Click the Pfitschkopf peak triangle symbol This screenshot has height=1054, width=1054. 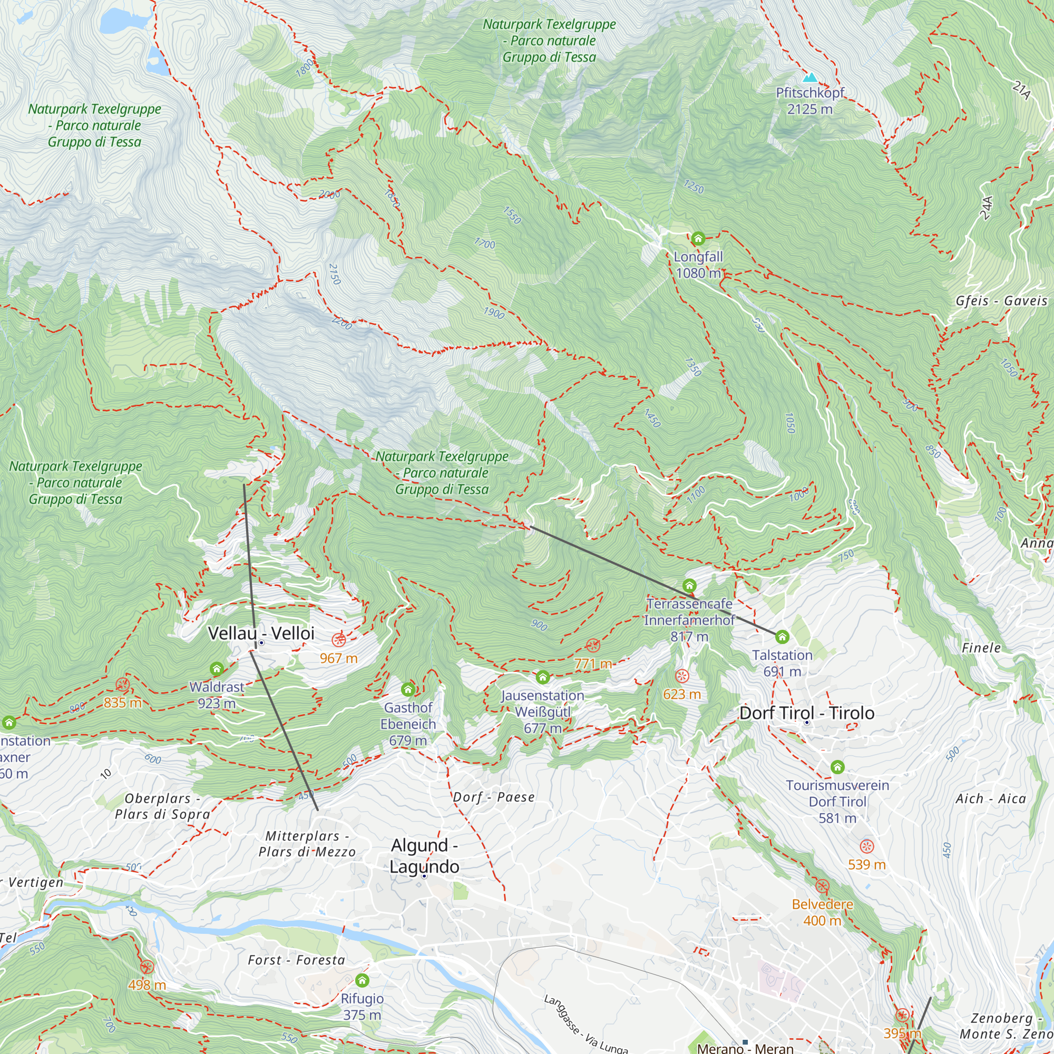tap(810, 77)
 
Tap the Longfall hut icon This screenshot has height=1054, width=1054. tap(698, 238)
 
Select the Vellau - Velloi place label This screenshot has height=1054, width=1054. tap(261, 633)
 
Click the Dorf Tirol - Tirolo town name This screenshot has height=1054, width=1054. tap(806, 713)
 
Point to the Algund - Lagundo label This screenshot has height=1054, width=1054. tap(424, 855)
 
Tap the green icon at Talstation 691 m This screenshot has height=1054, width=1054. tap(782, 637)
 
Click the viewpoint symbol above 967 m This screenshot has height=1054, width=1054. tap(339, 639)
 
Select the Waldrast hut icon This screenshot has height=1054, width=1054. tap(217, 669)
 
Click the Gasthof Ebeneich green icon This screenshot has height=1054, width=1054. tap(407, 689)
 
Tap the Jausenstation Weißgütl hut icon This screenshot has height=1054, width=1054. tap(542, 678)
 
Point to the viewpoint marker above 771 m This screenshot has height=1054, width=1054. tap(592, 646)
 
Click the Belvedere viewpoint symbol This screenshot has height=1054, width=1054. tap(822, 886)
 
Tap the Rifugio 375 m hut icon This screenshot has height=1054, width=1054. tap(362, 981)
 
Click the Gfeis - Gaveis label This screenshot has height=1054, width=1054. tap(1001, 301)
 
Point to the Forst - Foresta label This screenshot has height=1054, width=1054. tap(296, 960)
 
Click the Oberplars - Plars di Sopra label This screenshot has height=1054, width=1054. tap(162, 806)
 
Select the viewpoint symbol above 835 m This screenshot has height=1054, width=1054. tap(123, 685)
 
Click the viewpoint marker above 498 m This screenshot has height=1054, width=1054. tap(147, 967)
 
